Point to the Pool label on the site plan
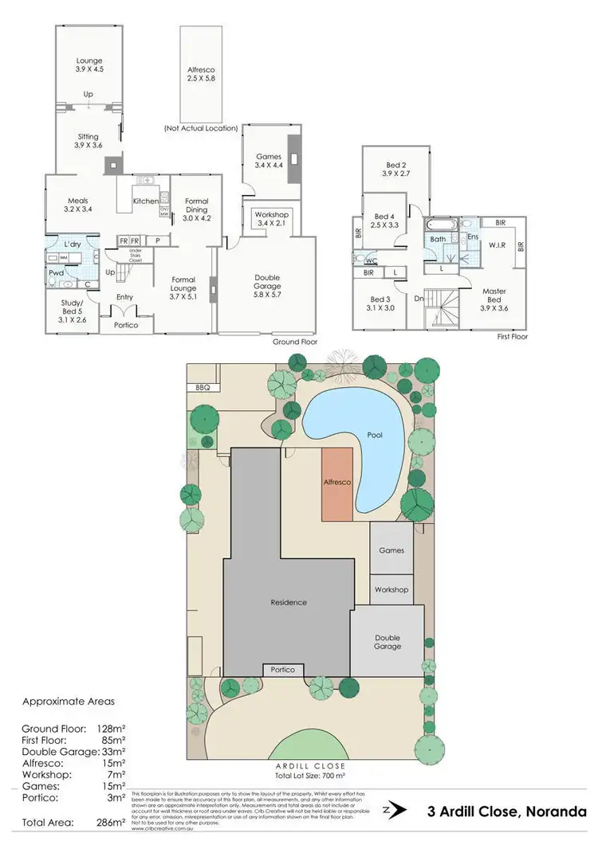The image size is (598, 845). pos(375,436)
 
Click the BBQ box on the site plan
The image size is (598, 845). pos(203,388)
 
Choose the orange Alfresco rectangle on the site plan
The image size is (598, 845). pos(336,483)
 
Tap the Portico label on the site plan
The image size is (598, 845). pos(283,670)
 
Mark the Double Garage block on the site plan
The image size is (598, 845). pos(388,642)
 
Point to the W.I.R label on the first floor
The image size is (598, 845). pos(498,246)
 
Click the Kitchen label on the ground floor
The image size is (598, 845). pos(145,201)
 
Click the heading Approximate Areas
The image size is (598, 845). pos(69,702)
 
